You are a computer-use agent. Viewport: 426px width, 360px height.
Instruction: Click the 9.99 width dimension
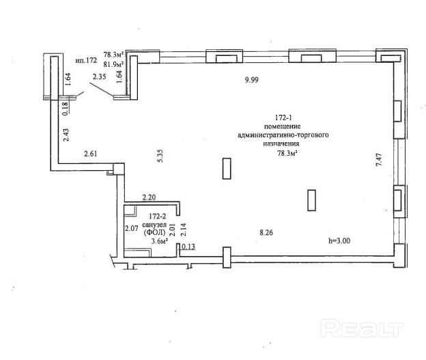click(x=252, y=80)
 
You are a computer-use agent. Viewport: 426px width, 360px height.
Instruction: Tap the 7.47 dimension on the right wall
click(x=380, y=160)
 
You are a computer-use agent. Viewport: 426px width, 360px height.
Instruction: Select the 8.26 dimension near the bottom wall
click(x=266, y=233)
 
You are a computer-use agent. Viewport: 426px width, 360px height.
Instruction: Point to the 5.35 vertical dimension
click(x=160, y=156)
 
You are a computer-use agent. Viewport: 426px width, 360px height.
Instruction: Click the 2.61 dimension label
click(x=91, y=154)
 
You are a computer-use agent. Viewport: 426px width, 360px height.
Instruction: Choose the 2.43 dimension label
click(x=66, y=135)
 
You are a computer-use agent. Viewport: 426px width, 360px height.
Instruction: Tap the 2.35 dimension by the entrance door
click(x=99, y=77)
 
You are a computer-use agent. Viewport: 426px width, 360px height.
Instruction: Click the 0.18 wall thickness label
click(x=66, y=109)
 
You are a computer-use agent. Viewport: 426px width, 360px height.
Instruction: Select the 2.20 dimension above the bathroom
click(x=149, y=197)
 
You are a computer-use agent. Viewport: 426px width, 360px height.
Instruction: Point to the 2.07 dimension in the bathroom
click(x=132, y=228)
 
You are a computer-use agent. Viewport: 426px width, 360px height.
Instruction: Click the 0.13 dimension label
click(x=188, y=247)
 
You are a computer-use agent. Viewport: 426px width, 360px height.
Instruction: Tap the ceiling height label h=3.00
click(x=339, y=241)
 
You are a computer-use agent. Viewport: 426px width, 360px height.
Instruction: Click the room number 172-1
click(x=283, y=117)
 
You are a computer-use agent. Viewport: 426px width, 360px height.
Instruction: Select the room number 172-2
click(x=157, y=217)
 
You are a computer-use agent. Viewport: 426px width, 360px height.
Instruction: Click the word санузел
click(x=154, y=225)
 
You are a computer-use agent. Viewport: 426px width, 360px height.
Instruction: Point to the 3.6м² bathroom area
click(x=159, y=241)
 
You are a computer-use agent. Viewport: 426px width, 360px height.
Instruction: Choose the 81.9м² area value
click(x=113, y=64)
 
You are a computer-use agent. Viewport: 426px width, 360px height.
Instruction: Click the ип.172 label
click(x=86, y=60)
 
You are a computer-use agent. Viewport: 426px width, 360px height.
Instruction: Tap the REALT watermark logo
click(x=362, y=329)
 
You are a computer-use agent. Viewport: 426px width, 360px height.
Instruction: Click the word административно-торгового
click(x=283, y=135)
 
